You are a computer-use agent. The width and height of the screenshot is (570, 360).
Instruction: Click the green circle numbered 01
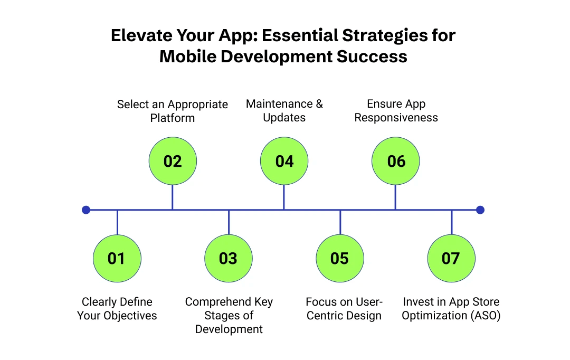click(x=117, y=258)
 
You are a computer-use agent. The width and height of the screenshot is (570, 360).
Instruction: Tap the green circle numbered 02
click(x=173, y=161)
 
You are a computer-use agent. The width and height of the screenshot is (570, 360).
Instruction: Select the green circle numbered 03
click(x=229, y=258)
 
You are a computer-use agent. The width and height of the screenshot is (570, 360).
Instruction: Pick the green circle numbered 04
click(x=284, y=161)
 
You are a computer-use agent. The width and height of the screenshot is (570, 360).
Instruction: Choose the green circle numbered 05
click(x=340, y=258)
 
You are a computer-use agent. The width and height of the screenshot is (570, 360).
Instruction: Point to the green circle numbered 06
click(x=396, y=161)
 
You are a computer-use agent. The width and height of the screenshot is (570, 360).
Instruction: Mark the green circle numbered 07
click(x=451, y=258)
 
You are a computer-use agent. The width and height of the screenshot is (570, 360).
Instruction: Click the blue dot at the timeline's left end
click(x=86, y=210)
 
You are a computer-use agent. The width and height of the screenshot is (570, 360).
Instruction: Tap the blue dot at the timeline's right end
click(x=480, y=210)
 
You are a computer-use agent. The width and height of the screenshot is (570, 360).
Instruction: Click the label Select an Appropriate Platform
click(x=173, y=111)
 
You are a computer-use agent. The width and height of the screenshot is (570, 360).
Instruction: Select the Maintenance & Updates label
click(x=284, y=110)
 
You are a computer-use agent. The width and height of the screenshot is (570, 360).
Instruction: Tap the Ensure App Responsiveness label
click(x=396, y=110)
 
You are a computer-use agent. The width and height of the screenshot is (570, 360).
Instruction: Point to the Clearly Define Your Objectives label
click(x=117, y=309)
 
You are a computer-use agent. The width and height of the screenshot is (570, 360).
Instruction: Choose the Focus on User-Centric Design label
click(x=344, y=309)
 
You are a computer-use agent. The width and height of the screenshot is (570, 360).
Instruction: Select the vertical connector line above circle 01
click(x=117, y=222)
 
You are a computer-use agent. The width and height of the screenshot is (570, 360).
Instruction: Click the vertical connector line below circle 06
click(x=396, y=197)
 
